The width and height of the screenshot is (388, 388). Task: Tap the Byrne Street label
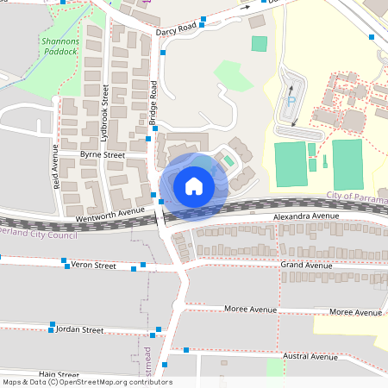click(x=103, y=154)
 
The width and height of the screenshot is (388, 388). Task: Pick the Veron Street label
click(x=93, y=266)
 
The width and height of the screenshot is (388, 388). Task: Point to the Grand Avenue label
click(x=307, y=266)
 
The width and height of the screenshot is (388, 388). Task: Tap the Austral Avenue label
click(x=310, y=356)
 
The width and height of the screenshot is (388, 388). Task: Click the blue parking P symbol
click(x=291, y=100)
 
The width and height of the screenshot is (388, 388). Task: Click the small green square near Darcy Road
click(x=259, y=43)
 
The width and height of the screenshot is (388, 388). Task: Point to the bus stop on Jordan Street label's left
click(x=52, y=327)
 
